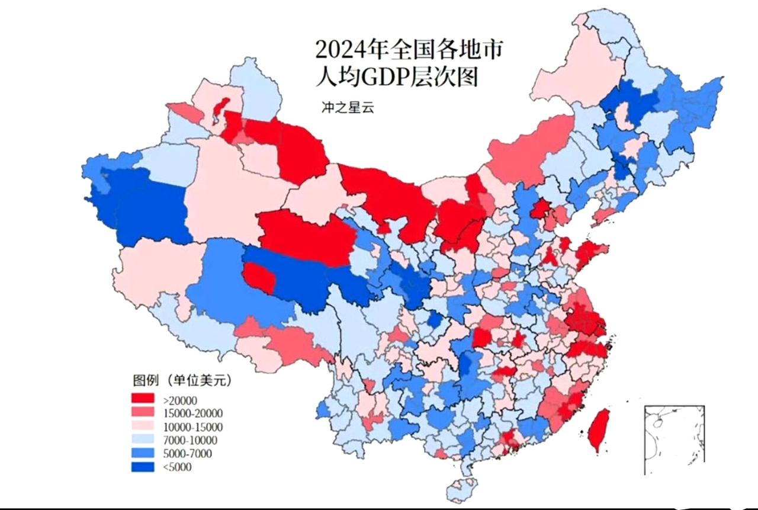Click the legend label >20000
pos(176,400)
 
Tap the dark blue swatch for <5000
pos(143,467)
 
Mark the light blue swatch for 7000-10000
pos(143,440)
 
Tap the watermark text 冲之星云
pos(347,108)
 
